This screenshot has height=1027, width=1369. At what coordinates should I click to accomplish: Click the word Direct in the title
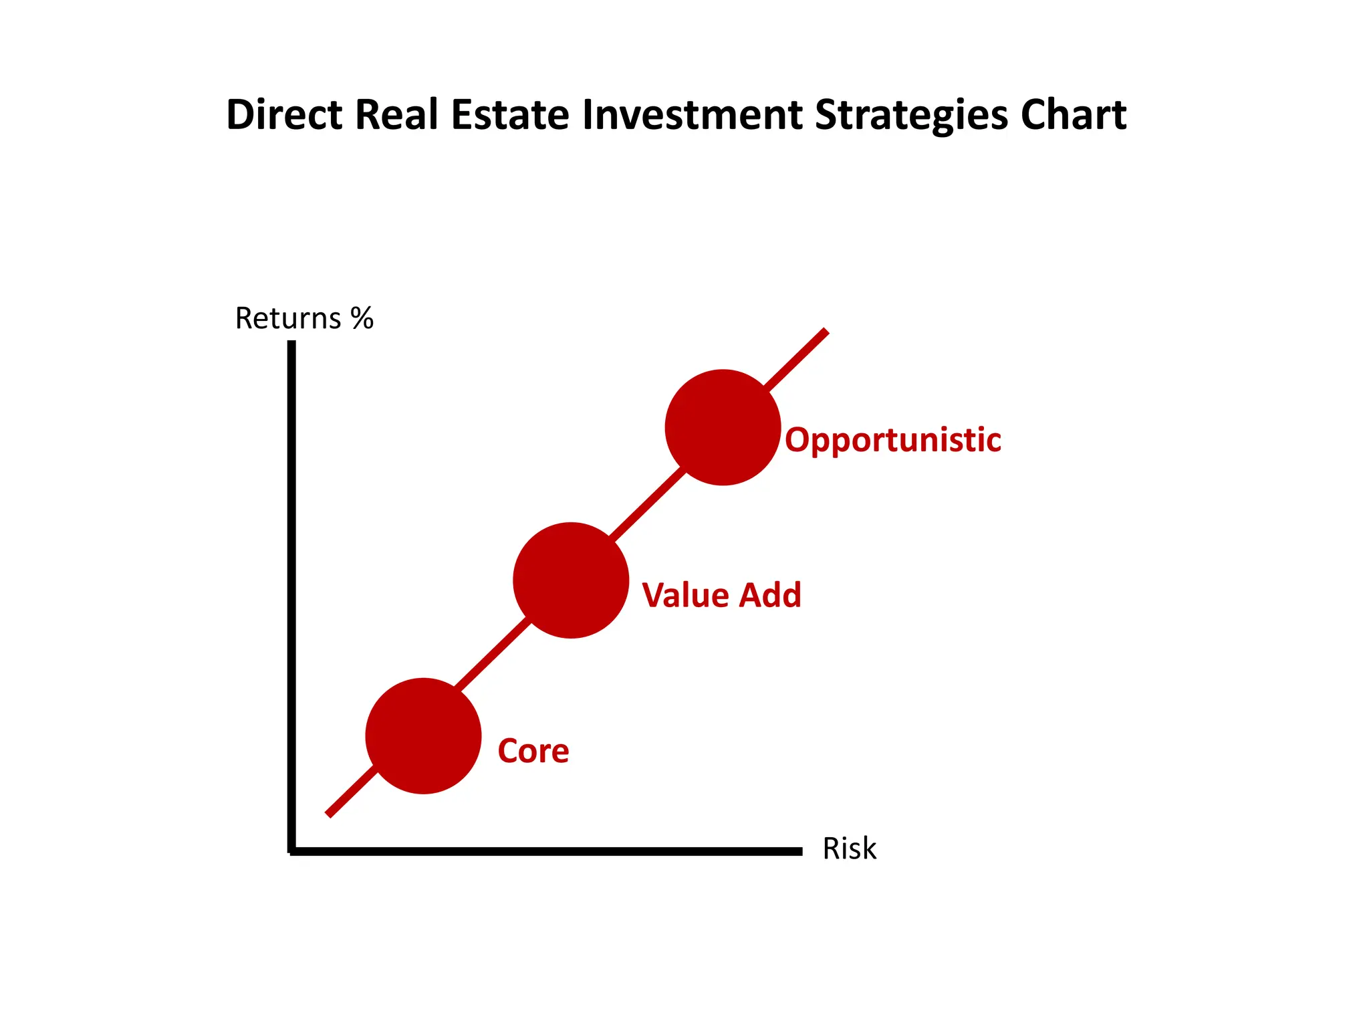coord(284,114)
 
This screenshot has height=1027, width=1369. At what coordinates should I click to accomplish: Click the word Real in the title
coord(396,114)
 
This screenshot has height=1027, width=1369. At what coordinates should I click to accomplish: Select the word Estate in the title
coord(511,114)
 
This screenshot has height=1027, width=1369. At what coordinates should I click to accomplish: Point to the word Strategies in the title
coord(911,116)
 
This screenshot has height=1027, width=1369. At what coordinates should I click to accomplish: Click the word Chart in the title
coord(1074,114)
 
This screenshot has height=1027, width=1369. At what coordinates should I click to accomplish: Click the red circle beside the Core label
coord(423,736)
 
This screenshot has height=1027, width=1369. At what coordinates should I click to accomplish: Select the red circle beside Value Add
coord(571,580)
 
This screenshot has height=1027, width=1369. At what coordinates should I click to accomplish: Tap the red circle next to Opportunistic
coord(723,427)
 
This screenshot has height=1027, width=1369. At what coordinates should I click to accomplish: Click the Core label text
coord(533,751)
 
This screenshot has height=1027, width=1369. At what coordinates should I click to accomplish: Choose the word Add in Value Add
coord(770,595)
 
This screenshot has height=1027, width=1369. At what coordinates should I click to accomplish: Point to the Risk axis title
coord(849,848)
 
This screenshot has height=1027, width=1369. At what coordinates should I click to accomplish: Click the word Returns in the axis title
coord(288,318)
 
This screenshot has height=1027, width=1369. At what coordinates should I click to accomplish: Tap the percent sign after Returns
coord(362,318)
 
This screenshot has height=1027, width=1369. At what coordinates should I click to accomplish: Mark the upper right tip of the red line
coord(826,332)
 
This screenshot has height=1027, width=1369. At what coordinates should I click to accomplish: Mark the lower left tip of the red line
coord(328,814)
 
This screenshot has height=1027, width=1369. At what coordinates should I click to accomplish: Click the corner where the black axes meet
coord(292,850)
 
